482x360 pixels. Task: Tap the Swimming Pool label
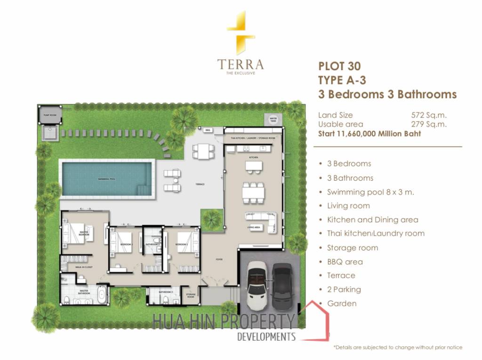pyautogui.click(x=106, y=179)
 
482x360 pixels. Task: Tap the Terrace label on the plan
pyautogui.click(x=200, y=184)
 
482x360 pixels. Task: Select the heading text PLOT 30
pyautogui.click(x=340, y=65)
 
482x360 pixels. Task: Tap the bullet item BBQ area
pyautogui.click(x=345, y=262)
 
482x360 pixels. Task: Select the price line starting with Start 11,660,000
pyautogui.click(x=370, y=134)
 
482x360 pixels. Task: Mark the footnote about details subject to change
pyautogui.click(x=398, y=347)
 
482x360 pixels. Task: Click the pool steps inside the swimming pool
pyautogui.click(x=143, y=189)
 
